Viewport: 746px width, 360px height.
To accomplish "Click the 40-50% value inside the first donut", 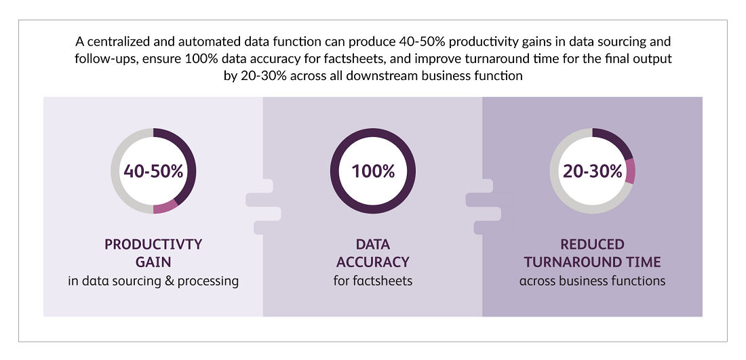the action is (x=153, y=172).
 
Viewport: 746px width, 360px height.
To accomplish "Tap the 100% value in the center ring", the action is (x=373, y=172).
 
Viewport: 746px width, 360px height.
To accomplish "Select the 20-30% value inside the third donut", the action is (x=592, y=172).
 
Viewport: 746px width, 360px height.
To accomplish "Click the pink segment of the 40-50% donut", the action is (x=165, y=207).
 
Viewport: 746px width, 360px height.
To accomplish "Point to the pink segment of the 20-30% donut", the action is (x=631, y=172).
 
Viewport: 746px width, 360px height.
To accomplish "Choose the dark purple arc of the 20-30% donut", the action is (x=616, y=138).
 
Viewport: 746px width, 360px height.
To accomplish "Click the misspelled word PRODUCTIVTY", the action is (x=153, y=245).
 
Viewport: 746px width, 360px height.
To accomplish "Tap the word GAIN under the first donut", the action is (x=153, y=262).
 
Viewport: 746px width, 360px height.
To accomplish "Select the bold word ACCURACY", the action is (x=373, y=262).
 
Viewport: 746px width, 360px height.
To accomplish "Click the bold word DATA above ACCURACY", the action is (x=373, y=245).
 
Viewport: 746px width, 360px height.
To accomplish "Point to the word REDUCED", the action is (x=592, y=245).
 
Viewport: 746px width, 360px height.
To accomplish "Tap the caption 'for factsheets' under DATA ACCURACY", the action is (x=373, y=281).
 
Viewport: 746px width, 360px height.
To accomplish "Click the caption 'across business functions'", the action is (x=592, y=281).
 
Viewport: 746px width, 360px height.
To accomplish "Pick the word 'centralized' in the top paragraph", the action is (x=119, y=42).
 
